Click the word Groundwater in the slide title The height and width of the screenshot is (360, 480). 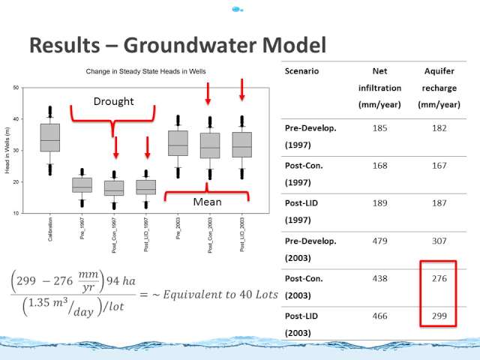(190, 45)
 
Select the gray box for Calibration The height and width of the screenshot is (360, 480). (50, 137)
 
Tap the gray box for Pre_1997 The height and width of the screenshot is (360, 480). (82, 185)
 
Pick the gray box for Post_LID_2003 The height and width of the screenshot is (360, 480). (242, 145)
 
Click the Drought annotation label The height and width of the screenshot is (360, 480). (113, 101)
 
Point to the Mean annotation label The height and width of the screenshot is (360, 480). (207, 202)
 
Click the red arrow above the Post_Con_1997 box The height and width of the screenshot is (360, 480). (115, 148)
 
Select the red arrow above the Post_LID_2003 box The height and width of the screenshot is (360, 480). (241, 90)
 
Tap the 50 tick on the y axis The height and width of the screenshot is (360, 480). (16, 88)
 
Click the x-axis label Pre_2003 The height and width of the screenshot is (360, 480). (178, 228)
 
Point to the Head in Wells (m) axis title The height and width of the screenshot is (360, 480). (7, 150)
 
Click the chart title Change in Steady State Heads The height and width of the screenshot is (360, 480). (145, 71)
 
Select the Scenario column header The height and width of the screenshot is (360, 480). (301, 71)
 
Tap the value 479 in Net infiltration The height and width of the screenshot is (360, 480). (379, 241)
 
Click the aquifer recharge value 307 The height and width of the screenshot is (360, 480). (439, 241)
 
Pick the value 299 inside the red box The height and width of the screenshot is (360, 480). (439, 316)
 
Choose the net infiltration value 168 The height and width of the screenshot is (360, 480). (379, 166)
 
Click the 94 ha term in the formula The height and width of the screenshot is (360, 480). (121, 280)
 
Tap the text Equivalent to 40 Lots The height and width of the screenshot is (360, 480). (220, 295)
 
